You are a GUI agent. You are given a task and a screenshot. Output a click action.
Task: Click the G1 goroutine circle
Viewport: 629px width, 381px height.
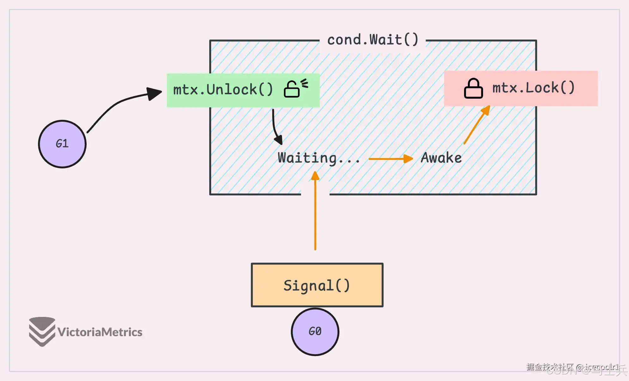pyautogui.click(x=62, y=144)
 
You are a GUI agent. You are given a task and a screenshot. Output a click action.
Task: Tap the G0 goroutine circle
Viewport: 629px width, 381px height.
pyautogui.click(x=315, y=332)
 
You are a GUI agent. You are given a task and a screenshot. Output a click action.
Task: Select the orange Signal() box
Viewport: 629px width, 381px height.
pyautogui.click(x=317, y=285)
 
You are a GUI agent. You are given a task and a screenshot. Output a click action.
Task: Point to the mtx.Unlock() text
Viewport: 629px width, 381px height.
pyautogui.click(x=223, y=90)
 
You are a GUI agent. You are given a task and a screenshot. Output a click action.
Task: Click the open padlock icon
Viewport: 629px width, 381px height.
pyautogui.click(x=291, y=89)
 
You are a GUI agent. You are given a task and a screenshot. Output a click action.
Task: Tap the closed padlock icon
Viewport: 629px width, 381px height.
pyautogui.click(x=473, y=89)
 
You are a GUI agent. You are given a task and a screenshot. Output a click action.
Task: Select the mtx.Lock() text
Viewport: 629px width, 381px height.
pyautogui.click(x=534, y=88)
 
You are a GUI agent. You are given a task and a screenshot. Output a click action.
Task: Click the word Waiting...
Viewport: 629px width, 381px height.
pyautogui.click(x=307, y=158)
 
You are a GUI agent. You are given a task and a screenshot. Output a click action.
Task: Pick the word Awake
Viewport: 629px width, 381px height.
pyautogui.click(x=441, y=158)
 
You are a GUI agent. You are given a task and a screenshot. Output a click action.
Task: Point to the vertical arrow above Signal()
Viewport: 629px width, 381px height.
pyautogui.click(x=315, y=215)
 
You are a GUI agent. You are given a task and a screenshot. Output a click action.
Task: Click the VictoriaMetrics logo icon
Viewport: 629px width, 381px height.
pyautogui.click(x=42, y=331)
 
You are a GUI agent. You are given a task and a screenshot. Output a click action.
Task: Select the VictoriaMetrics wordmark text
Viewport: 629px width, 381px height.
pyautogui.click(x=100, y=332)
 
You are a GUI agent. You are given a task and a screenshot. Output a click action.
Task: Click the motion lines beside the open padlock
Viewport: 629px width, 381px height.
pyautogui.click(x=304, y=83)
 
